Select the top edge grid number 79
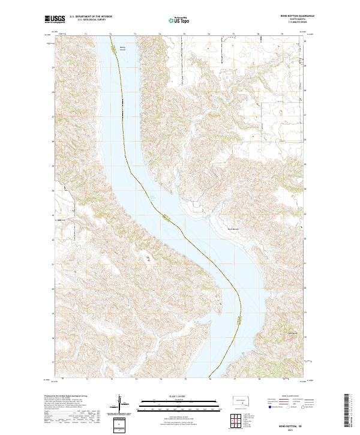[x=282, y=34]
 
